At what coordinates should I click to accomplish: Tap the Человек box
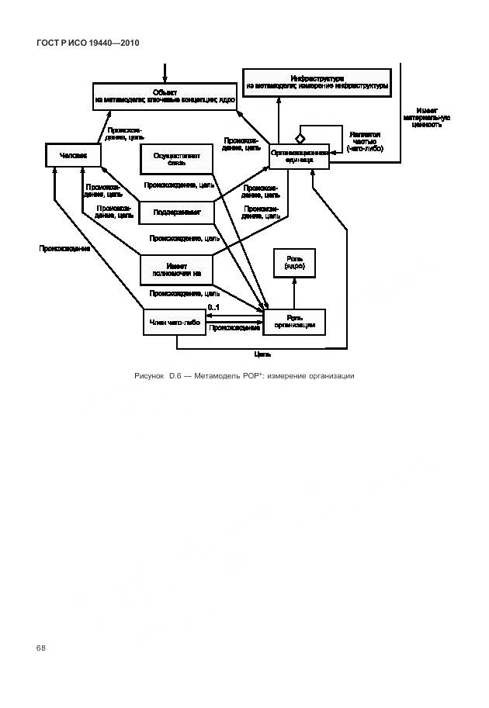pyautogui.click(x=74, y=156)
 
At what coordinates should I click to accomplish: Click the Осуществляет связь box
pyautogui.click(x=176, y=159)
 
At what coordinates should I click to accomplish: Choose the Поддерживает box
pyautogui.click(x=176, y=212)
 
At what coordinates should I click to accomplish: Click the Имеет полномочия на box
pyautogui.click(x=176, y=269)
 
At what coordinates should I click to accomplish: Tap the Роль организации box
pyautogui.click(x=294, y=322)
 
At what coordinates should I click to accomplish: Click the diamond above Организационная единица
pyautogui.click(x=298, y=136)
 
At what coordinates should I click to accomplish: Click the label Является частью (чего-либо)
pyautogui.click(x=364, y=140)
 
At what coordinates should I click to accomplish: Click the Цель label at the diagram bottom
pyautogui.click(x=262, y=354)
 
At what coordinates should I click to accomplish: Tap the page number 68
pyautogui.click(x=41, y=648)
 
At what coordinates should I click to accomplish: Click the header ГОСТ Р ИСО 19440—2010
pyautogui.click(x=88, y=43)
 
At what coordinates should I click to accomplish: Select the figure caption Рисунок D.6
pyautogui.click(x=244, y=376)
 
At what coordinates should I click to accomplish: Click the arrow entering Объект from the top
pyautogui.click(x=165, y=74)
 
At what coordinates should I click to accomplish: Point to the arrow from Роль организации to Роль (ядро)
pyautogui.click(x=293, y=293)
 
